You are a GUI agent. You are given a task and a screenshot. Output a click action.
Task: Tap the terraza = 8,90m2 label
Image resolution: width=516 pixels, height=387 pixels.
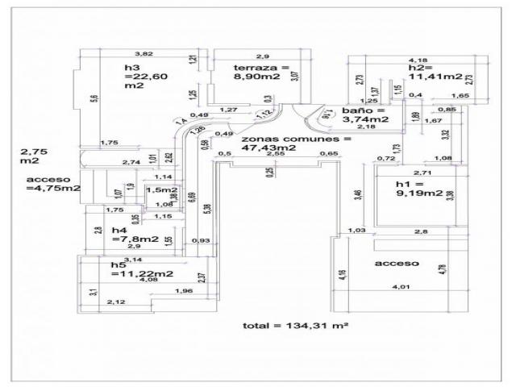(x=258, y=72)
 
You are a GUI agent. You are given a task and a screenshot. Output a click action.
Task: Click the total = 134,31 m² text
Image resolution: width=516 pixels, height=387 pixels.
(x=294, y=326)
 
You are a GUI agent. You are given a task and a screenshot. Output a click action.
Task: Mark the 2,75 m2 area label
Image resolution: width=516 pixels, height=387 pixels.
(x=35, y=156)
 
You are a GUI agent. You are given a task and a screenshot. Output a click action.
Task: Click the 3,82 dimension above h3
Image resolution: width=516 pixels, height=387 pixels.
(x=144, y=52)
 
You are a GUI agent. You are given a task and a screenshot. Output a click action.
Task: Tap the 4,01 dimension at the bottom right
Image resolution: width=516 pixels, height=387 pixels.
(x=400, y=287)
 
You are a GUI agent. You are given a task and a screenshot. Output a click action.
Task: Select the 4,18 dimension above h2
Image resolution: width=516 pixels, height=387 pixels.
(x=418, y=59)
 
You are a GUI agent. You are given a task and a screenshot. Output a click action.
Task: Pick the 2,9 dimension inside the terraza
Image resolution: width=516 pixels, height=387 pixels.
(x=262, y=56)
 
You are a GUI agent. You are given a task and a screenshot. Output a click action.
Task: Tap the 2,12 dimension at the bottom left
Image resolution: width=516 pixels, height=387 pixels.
(x=115, y=302)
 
